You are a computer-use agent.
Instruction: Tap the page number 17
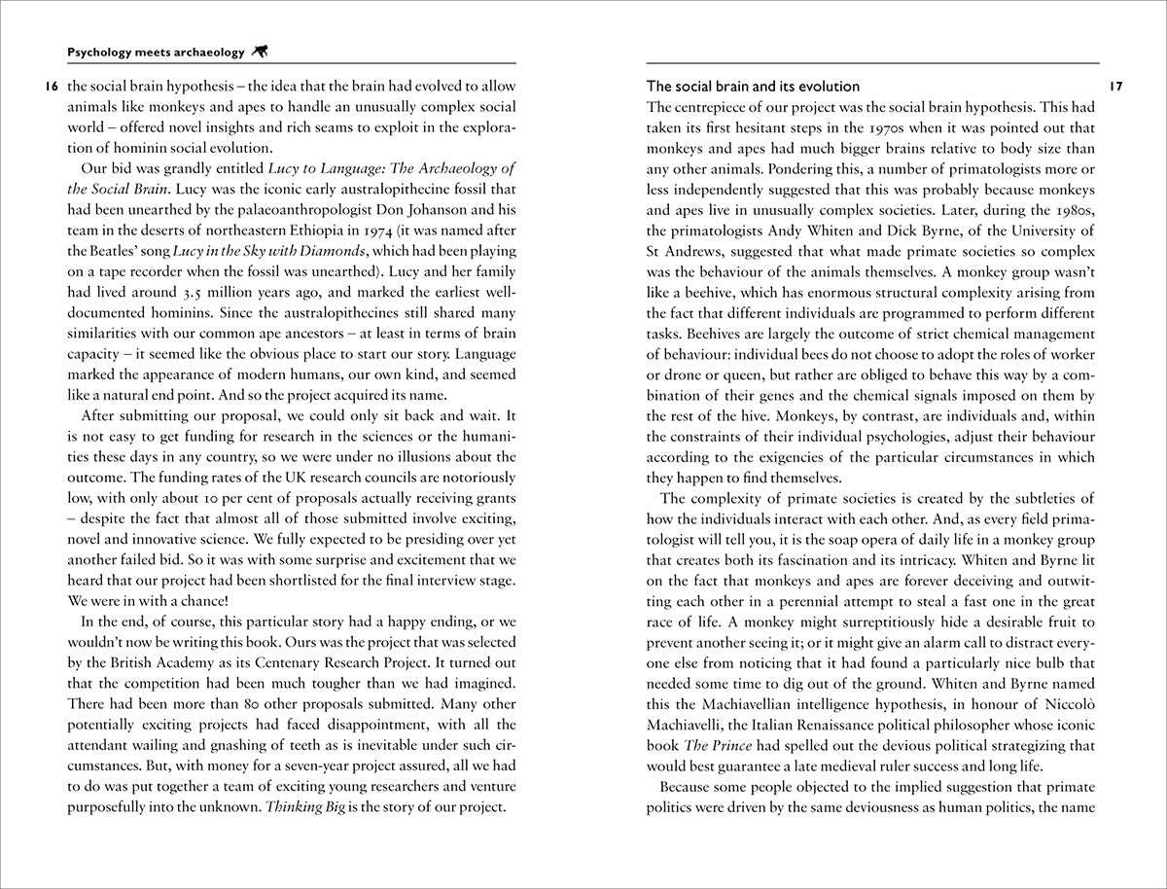[1115, 87]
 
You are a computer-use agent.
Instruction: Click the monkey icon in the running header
[260, 53]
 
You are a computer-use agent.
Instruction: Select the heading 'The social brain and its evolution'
[753, 88]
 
